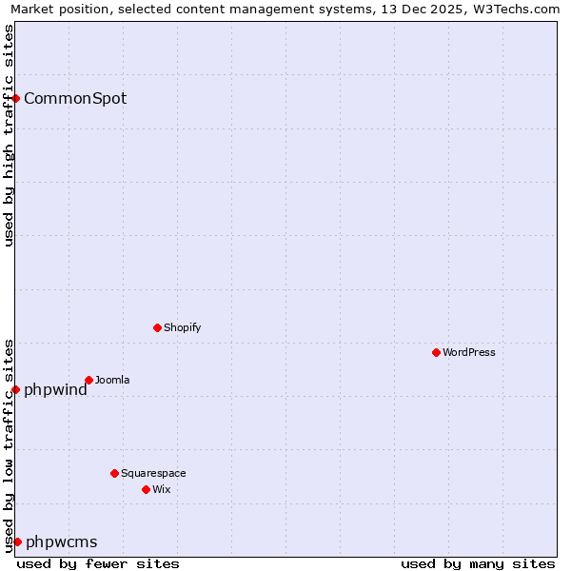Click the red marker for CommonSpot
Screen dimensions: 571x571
pos(15,98)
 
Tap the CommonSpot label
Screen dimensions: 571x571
pos(75,98)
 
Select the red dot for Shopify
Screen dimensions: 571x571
pos(157,327)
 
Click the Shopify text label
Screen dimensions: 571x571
pos(182,327)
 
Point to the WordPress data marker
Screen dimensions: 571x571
pos(436,352)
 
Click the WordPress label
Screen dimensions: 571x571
pos(469,352)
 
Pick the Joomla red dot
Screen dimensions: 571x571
pos(89,380)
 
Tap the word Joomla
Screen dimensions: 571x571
pos(112,380)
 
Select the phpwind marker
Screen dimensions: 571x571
pos(15,389)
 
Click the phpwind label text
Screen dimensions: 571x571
pos(55,389)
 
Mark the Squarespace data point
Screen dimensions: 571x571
pos(114,473)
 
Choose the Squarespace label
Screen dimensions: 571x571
pos(153,473)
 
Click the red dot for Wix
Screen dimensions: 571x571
pos(146,489)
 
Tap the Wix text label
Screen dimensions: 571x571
pos(162,489)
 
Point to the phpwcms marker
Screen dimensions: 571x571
pos(17,541)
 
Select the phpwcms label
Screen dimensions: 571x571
pos(61,542)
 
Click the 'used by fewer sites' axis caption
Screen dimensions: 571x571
pos(98,563)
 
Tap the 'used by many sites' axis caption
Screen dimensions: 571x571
pos(478,563)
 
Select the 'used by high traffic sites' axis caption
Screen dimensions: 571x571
pos(9,135)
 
